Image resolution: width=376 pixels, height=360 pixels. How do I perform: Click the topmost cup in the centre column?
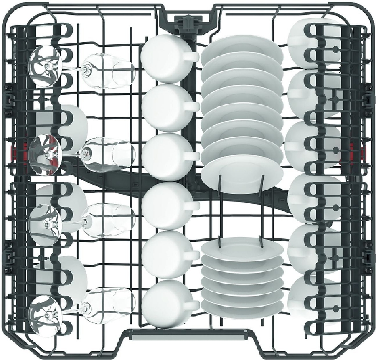pyautogui.click(x=166, y=59)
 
